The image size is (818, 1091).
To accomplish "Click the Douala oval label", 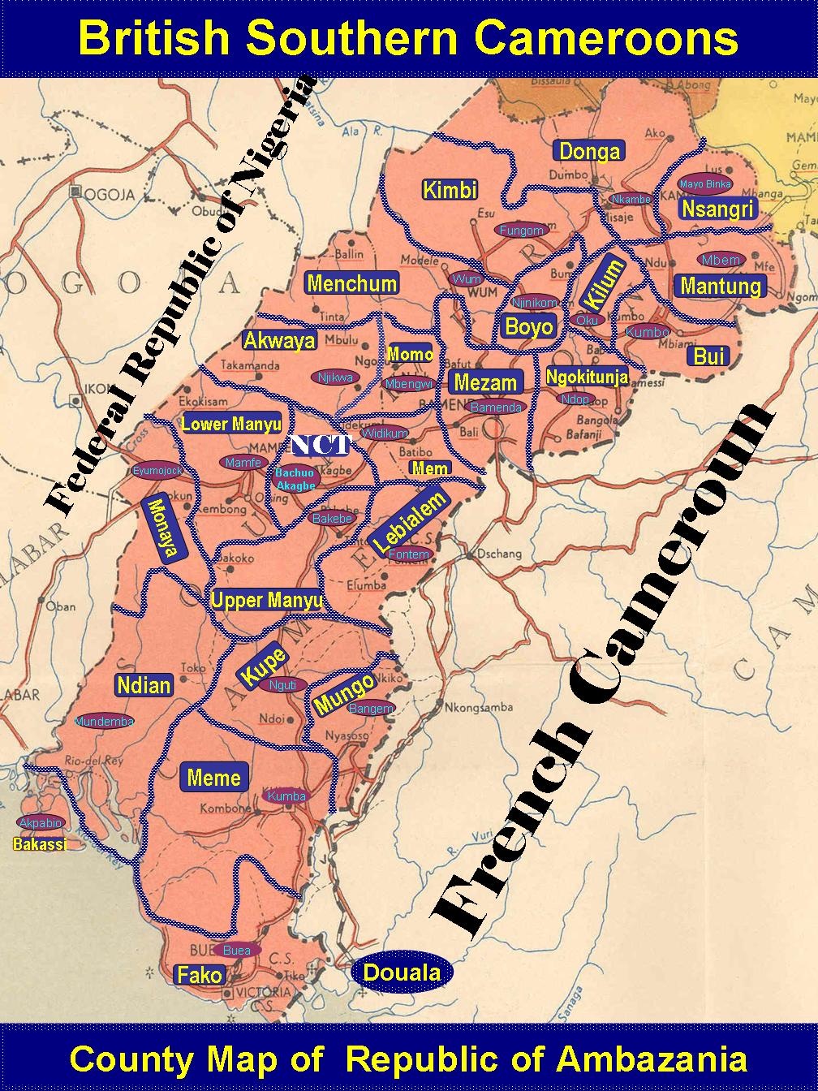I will [x=402, y=972].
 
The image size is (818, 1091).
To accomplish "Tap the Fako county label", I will [x=200, y=975].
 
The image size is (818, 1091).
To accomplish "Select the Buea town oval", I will [x=236, y=950].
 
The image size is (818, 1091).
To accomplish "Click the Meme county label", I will [x=213, y=778].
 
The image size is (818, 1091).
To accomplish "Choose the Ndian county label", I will [x=144, y=685].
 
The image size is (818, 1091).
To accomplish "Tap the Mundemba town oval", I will [x=104, y=721].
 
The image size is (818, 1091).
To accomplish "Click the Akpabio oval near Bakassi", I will [x=41, y=823].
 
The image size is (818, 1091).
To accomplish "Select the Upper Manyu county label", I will [x=267, y=601].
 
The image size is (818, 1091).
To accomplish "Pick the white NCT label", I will [x=321, y=445].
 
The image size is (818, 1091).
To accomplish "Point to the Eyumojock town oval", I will [x=157, y=470].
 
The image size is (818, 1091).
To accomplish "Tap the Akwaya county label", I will [x=279, y=341].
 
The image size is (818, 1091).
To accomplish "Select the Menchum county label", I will [x=351, y=283].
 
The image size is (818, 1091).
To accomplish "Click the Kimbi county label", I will [x=450, y=191].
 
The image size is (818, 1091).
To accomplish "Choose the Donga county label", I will [x=590, y=151].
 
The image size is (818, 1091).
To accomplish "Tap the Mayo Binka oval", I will [x=705, y=184].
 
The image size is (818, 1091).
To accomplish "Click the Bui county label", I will [x=708, y=356].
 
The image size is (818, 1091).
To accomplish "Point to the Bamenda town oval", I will [x=496, y=408].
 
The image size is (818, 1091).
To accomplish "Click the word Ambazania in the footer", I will [x=651, y=1059].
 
